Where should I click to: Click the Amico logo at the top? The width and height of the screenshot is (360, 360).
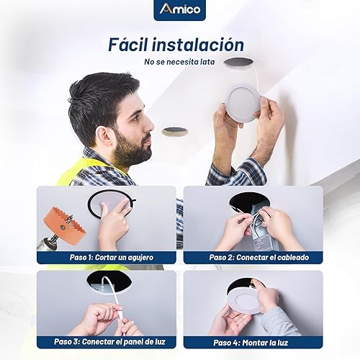pyautogui.click(x=179, y=10)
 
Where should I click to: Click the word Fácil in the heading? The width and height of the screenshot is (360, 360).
pyautogui.click(x=133, y=44)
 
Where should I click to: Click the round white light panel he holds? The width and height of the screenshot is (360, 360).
pyautogui.click(x=242, y=102)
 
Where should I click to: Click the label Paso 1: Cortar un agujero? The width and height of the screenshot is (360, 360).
pyautogui.click(x=107, y=256)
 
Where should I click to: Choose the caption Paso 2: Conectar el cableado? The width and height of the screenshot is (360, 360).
pyautogui.click(x=253, y=256)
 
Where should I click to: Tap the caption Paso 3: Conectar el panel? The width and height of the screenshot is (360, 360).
pyautogui.click(x=107, y=341)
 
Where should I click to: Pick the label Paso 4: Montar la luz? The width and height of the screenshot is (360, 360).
pyautogui.click(x=253, y=341)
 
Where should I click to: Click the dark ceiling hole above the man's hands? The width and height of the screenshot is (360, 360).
pyautogui.click(x=238, y=63)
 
